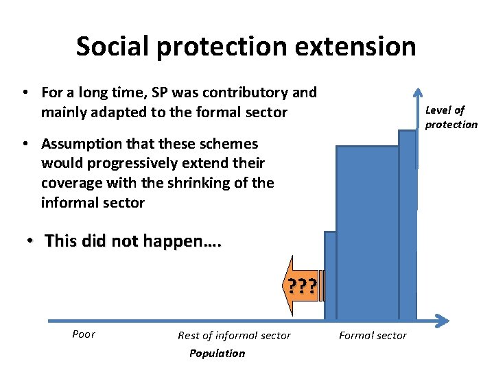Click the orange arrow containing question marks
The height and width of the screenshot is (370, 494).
click(303, 286)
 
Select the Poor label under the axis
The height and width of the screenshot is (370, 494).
click(84, 334)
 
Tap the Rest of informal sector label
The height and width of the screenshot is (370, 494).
click(234, 335)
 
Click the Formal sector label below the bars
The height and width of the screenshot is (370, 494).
click(373, 335)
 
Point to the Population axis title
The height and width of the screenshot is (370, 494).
click(217, 354)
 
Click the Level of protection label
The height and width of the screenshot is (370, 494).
click(451, 117)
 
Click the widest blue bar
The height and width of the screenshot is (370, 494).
click(367, 233)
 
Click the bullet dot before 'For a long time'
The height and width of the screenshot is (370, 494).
click(24, 92)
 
